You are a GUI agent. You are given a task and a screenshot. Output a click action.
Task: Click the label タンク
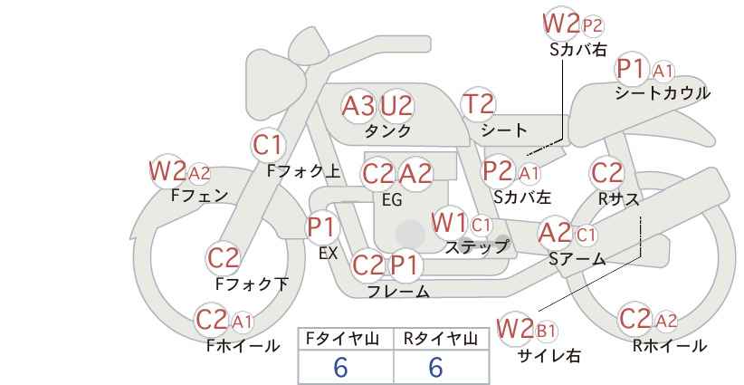coord(387,130)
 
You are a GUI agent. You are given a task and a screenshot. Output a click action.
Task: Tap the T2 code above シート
coord(478,104)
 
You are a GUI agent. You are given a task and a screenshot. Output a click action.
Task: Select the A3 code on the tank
coord(358,106)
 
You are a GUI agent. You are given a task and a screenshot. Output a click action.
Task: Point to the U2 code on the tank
coord(396,106)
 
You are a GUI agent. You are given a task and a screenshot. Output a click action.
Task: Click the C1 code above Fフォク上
coord(267,145)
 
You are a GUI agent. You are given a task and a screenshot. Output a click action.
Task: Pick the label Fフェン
coord(199,196)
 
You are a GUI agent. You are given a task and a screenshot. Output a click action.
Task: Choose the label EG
coord(393,200)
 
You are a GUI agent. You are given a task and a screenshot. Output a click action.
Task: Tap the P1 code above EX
coord(321,227)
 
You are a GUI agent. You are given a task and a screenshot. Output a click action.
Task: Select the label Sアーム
coord(577,259)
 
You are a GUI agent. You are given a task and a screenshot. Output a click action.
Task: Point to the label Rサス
coord(618,199)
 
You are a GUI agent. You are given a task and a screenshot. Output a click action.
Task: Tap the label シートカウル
coord(663,93)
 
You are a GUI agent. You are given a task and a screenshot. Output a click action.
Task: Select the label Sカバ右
coord(578,50)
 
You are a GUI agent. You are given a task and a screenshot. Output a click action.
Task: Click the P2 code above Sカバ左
coord(498,171)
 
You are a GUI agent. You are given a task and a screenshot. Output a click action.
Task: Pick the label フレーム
coord(398,292)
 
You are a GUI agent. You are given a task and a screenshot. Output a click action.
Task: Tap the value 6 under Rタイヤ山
coord(435,367)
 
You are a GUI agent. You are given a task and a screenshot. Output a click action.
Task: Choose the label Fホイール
coord(243,346)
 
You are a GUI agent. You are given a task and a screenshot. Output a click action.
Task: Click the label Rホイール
coord(670,346)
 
